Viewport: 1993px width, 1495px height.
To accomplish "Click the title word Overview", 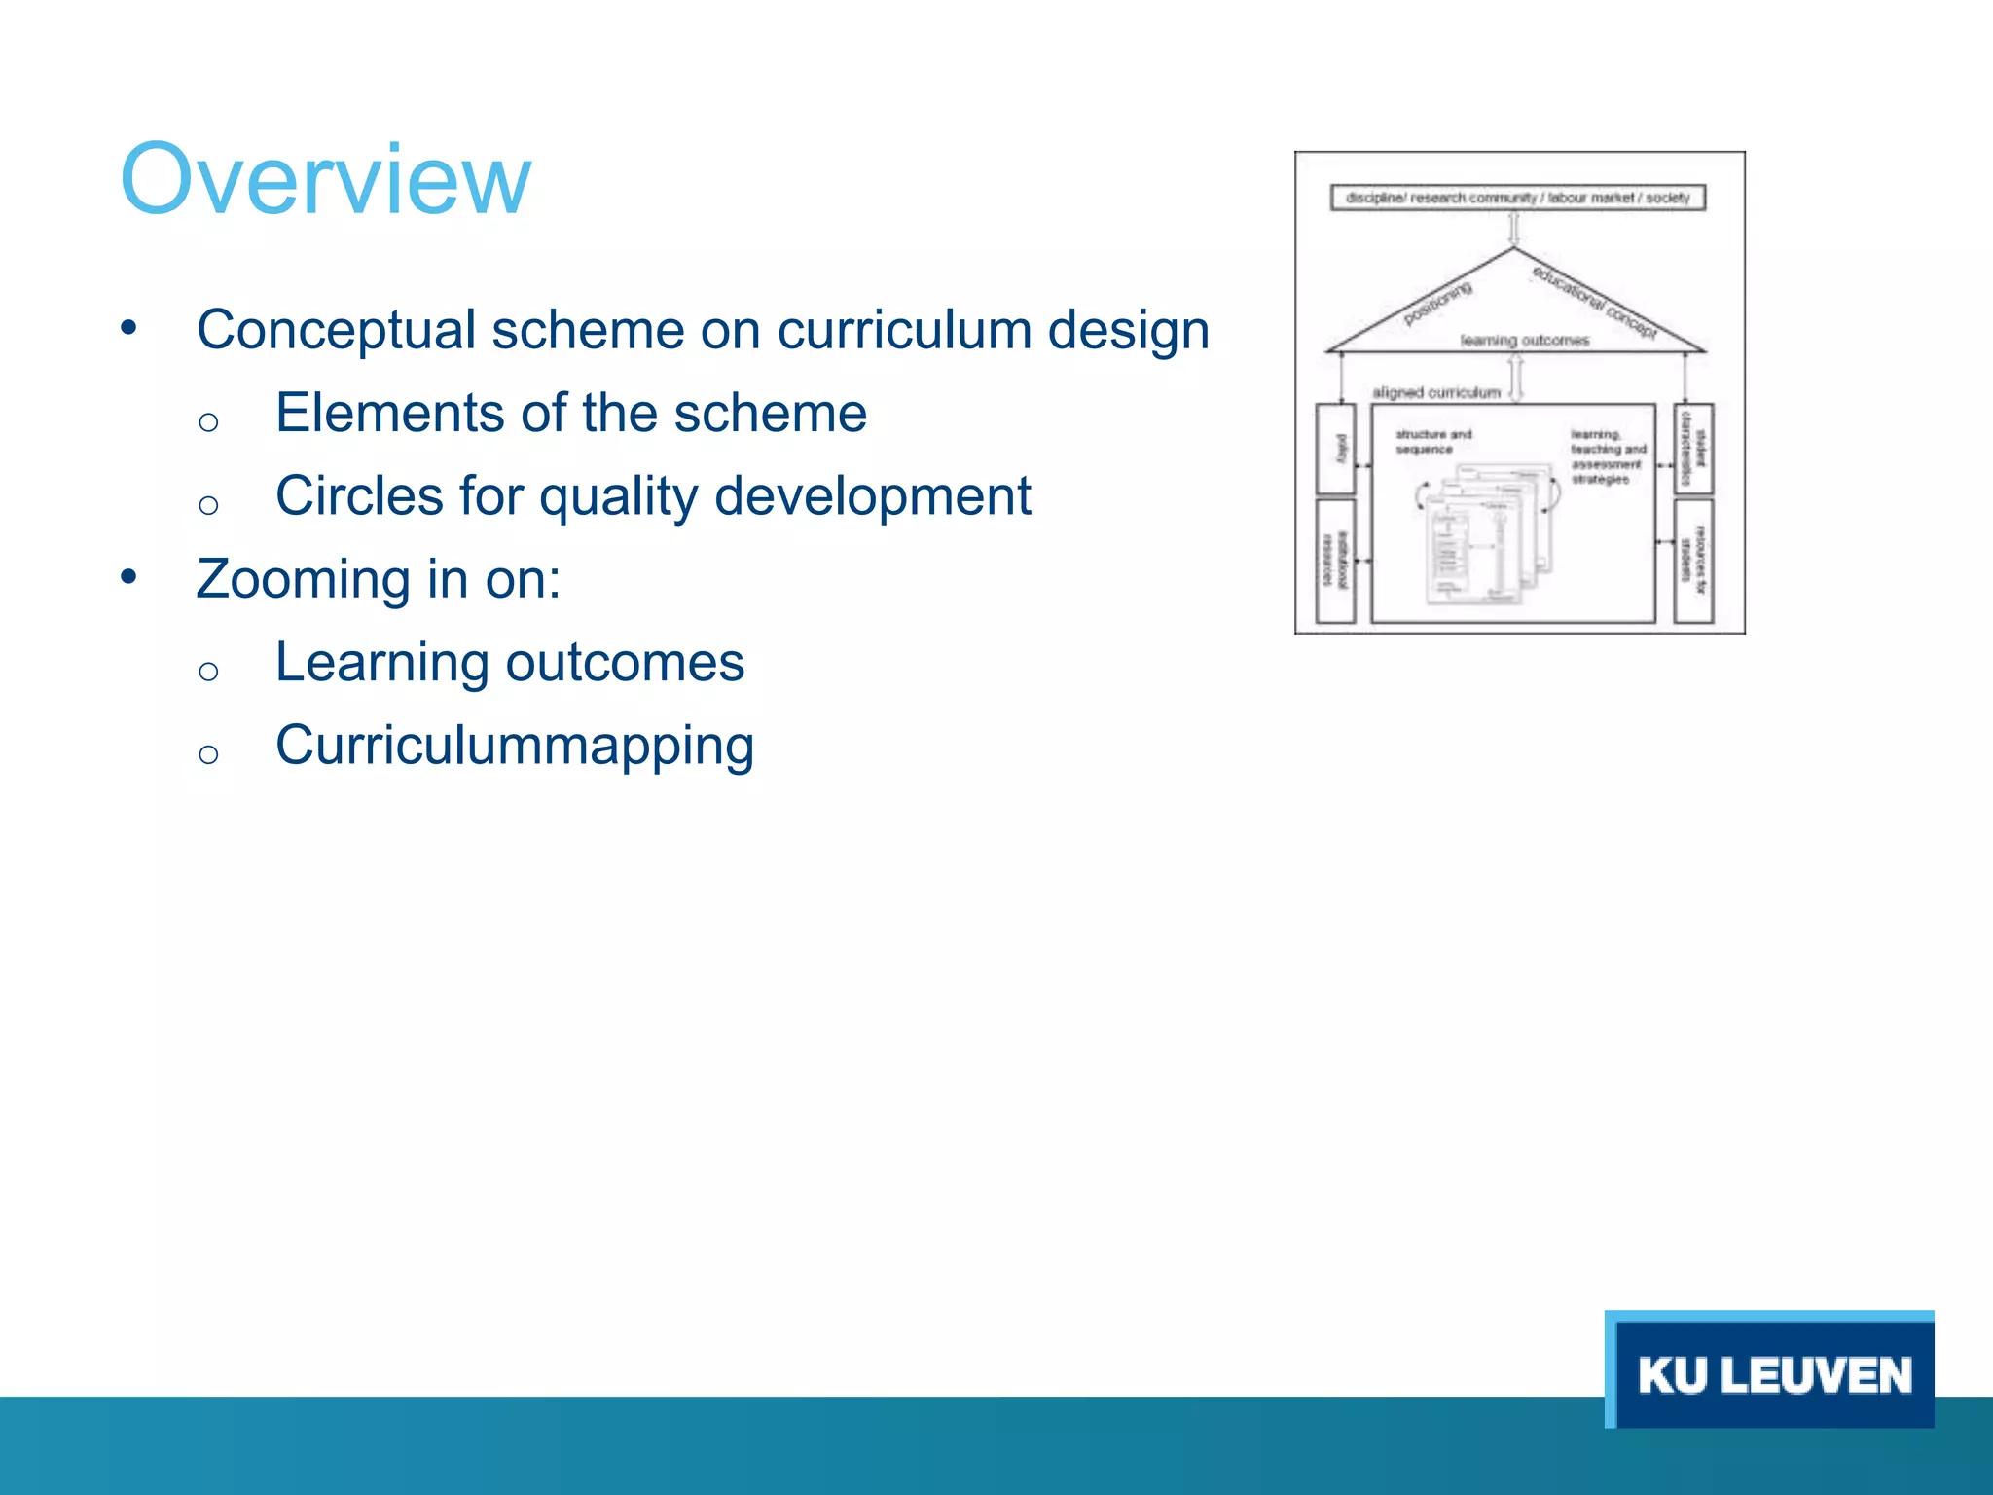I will (325, 180).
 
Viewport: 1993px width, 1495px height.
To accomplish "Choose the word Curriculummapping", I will (514, 747).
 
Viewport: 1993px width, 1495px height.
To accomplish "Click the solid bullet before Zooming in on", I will (128, 577).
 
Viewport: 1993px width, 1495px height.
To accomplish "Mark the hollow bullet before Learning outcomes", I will (207, 671).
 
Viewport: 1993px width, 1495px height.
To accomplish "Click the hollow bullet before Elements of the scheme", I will (207, 421).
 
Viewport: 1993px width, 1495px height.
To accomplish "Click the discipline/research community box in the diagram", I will (1517, 198).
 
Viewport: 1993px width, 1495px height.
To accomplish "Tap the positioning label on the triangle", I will (1437, 304).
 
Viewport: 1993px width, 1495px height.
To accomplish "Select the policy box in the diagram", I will (1335, 449).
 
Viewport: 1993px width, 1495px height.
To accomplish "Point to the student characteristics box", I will (1693, 449).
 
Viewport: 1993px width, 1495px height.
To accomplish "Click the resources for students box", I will (1693, 561).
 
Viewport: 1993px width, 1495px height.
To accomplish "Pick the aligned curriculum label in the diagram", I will (1435, 392).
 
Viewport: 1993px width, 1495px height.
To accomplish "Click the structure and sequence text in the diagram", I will (1432, 442).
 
